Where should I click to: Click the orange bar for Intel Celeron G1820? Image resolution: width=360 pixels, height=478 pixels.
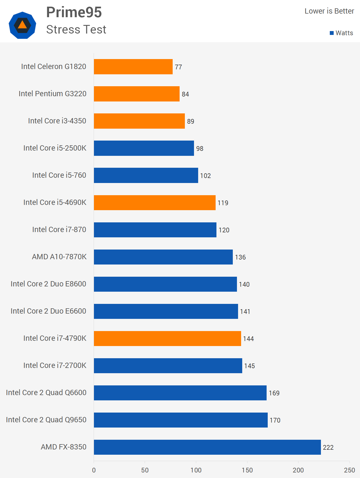click(x=133, y=67)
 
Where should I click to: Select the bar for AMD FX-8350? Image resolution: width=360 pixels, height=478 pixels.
click(x=207, y=447)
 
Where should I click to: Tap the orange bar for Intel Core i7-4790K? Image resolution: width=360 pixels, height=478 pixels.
click(x=167, y=338)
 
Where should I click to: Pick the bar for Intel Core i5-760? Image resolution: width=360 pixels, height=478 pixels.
click(x=146, y=175)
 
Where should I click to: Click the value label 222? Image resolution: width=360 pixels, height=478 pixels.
click(x=328, y=447)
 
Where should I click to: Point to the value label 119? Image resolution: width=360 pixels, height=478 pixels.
click(x=223, y=203)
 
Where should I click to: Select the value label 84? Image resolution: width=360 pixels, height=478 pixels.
click(x=185, y=94)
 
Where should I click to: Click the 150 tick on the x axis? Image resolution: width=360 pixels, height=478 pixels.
click(x=247, y=470)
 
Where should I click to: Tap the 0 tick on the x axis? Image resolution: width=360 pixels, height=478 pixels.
click(x=94, y=470)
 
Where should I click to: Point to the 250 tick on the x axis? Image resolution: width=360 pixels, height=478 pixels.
click(x=349, y=470)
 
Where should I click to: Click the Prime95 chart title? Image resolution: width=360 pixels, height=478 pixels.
click(x=74, y=12)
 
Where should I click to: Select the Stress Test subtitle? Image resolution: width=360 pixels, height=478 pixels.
click(x=76, y=29)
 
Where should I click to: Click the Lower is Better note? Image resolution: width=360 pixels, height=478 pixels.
click(x=329, y=11)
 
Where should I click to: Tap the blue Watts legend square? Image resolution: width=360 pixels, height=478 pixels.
click(x=331, y=33)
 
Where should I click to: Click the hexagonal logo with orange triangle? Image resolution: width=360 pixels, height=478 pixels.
click(x=22, y=25)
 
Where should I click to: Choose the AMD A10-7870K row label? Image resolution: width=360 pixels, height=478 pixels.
click(x=59, y=257)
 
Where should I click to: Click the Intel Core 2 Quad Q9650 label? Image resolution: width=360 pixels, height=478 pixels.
click(x=46, y=420)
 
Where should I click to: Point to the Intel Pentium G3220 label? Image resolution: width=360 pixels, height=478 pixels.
click(x=53, y=94)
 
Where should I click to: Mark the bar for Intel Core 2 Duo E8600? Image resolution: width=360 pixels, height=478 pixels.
click(x=165, y=284)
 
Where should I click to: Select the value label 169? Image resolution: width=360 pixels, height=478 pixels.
click(x=274, y=393)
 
